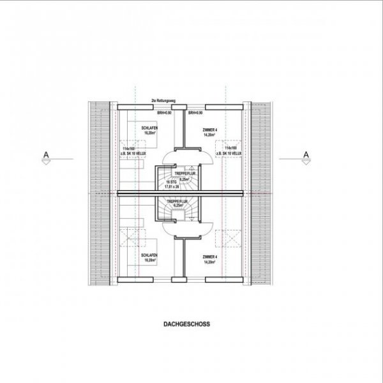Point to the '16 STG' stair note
(171, 182)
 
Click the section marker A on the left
(46, 154)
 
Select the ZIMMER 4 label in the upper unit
(210, 130)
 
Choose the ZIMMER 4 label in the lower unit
(210, 257)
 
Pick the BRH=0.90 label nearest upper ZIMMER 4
(195, 113)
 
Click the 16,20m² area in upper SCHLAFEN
(150, 134)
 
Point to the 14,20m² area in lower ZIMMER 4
(210, 262)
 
